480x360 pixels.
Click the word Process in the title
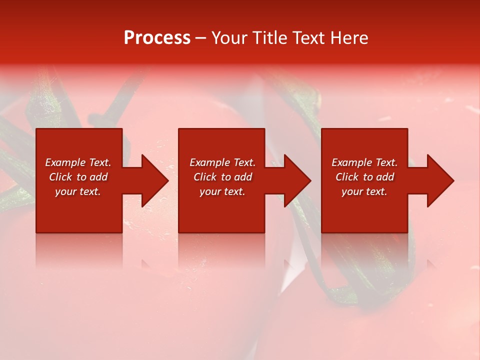157,38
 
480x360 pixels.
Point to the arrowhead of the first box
154,180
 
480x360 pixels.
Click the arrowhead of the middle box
297,180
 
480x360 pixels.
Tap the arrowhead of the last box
440,180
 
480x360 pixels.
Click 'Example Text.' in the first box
78,162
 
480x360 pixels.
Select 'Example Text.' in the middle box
222,162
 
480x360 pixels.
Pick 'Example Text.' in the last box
364,162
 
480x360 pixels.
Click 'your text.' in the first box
78,191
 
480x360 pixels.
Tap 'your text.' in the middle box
222,191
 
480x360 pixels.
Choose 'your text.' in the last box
364,191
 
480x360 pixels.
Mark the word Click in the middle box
205,177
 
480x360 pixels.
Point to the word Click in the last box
347,177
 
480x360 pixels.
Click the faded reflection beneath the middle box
221,250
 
